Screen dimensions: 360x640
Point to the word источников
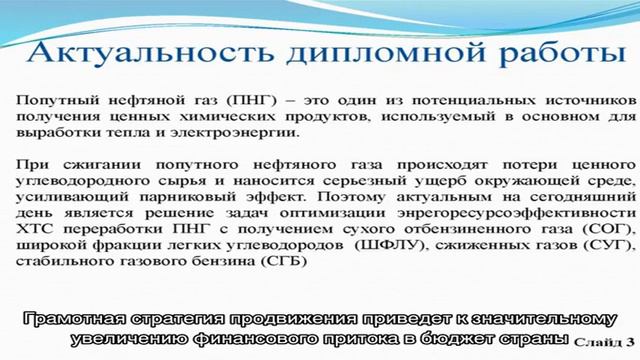pos(580,101)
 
